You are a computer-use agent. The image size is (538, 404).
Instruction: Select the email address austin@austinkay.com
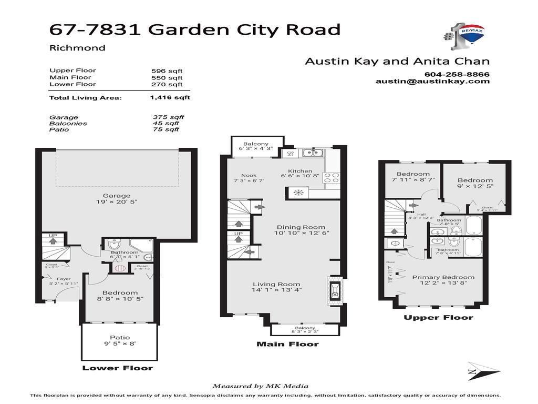(433, 82)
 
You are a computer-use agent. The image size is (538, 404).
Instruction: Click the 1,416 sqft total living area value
(170, 97)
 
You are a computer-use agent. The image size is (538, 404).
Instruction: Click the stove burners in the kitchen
(331, 177)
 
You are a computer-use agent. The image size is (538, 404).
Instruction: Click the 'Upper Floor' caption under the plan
(438, 318)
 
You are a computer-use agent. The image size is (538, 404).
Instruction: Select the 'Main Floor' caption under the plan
(287, 345)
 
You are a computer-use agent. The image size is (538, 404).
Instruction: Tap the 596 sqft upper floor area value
(168, 71)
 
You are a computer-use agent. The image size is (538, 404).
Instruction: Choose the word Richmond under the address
(77, 48)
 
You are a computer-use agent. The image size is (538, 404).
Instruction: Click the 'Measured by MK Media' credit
(260, 386)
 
